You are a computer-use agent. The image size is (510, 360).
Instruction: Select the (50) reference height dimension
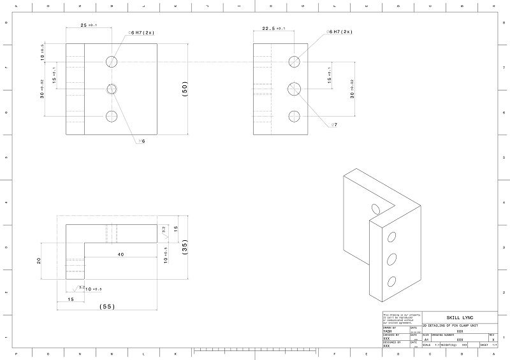coord(185,89)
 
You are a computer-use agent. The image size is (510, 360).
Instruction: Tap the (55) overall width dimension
coord(107,306)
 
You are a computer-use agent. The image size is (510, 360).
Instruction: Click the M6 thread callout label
coord(142,141)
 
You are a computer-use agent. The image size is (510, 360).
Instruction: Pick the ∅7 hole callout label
coord(333,125)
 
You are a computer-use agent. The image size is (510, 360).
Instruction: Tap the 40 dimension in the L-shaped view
coord(121,255)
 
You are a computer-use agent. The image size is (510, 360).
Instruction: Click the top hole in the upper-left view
coord(112,61)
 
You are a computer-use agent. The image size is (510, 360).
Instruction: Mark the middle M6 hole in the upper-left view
coord(112,89)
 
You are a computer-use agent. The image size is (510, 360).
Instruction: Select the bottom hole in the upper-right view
coord(295,116)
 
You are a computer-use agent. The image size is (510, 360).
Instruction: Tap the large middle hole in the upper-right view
coord(295,89)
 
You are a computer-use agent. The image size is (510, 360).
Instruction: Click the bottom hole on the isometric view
coord(392,280)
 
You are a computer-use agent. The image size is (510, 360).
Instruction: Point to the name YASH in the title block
coord(387,331)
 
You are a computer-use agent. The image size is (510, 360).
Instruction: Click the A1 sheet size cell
coord(426,340)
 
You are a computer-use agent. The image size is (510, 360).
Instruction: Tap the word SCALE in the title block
coord(426,345)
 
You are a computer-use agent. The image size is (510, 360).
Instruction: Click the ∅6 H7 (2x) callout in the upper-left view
coord(143,31)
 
